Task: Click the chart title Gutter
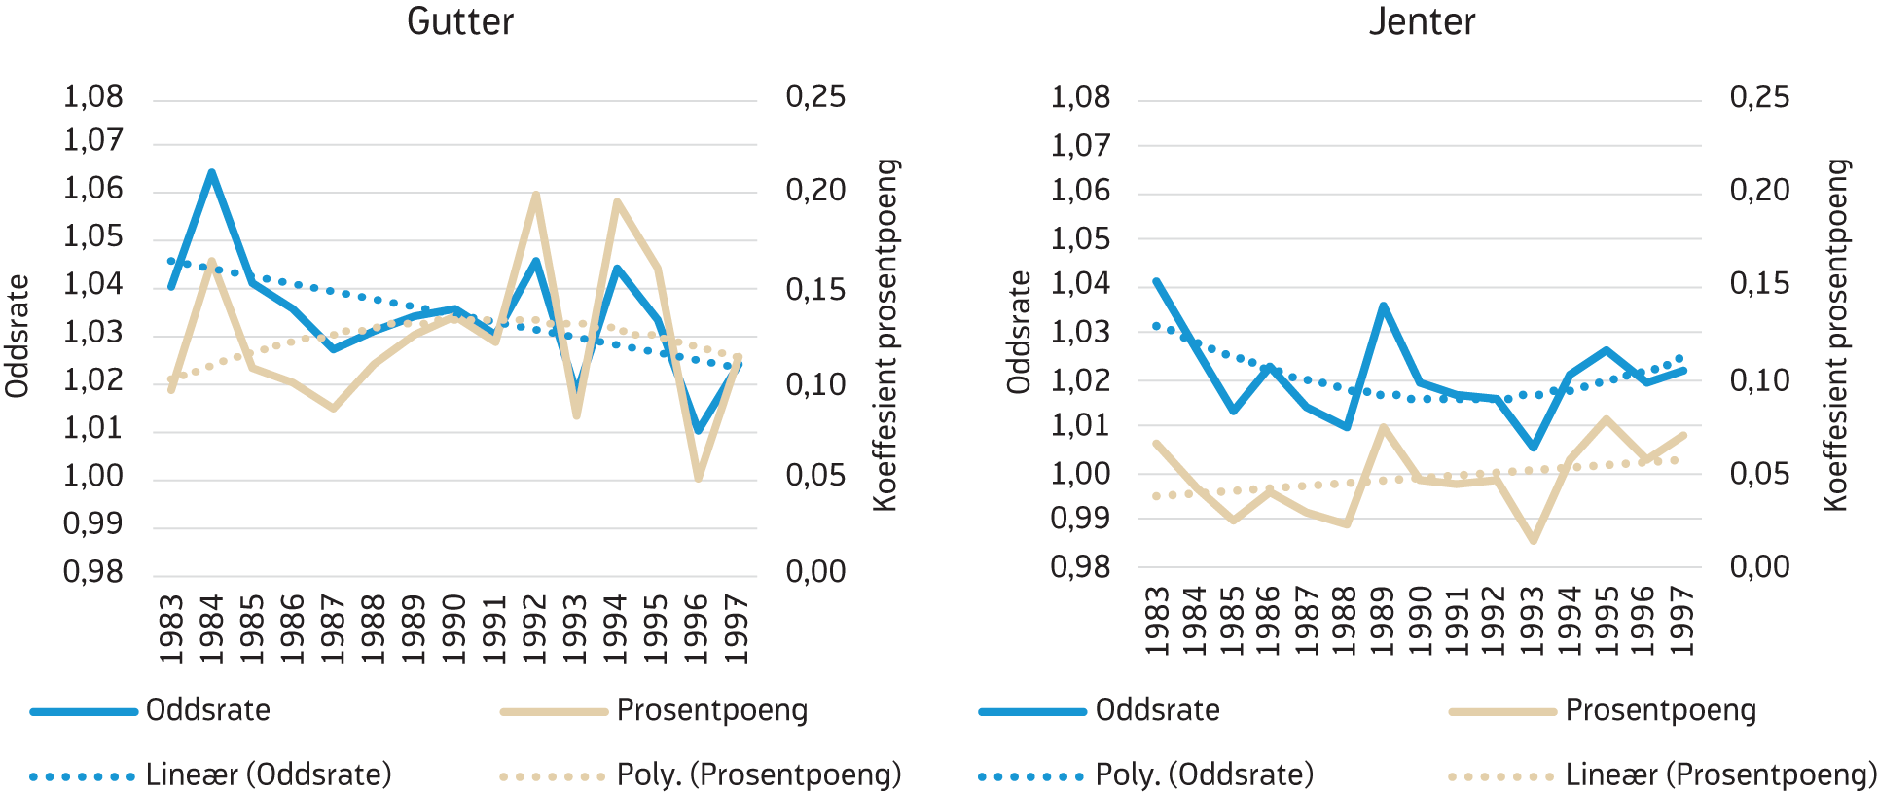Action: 459,21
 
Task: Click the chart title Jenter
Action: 1422,21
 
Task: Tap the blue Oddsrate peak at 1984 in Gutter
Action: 211,173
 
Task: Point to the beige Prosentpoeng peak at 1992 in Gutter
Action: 535,195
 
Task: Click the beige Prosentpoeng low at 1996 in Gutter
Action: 698,478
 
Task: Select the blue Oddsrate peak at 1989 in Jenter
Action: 1383,306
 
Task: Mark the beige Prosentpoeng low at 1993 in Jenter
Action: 1534,540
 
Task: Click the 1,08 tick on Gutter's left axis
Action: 93,96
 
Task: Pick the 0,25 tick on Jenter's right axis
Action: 1759,96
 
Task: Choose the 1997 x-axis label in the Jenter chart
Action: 1680,621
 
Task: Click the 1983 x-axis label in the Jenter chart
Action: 1157,621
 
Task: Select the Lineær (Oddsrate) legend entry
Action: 269,774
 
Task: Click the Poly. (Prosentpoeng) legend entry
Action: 759,774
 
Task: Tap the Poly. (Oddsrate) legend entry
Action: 1204,774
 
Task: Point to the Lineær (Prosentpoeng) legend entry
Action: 1720,774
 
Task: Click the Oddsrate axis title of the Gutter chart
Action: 18,336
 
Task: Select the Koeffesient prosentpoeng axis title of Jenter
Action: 1835,336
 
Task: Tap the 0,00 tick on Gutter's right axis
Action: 815,571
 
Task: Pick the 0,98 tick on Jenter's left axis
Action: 1080,566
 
